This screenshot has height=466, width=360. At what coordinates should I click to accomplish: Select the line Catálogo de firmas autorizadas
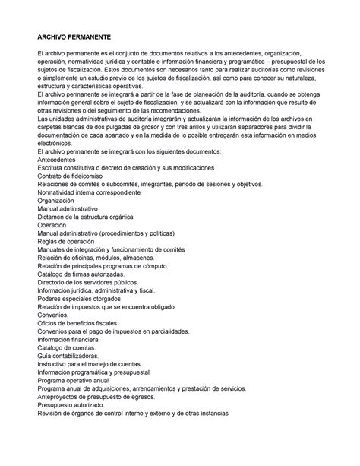coord(87,297)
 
